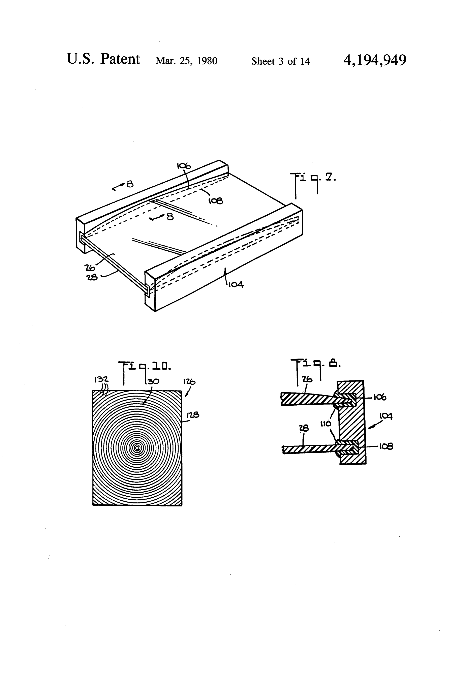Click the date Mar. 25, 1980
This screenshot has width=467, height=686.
coord(186,61)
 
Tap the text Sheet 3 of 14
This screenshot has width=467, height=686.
coord(280,61)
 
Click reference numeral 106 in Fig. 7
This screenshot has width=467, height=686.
coord(184,166)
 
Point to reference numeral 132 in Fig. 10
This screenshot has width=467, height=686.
coord(101,379)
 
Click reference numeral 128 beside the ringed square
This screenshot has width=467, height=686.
coord(193,415)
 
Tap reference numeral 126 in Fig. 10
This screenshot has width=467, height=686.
coord(189,382)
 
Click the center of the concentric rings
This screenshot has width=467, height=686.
coord(137,448)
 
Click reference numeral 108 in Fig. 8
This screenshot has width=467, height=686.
coord(386,446)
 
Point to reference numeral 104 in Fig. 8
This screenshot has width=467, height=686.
coord(385,416)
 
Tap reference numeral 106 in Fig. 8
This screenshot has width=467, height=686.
coord(380,397)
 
